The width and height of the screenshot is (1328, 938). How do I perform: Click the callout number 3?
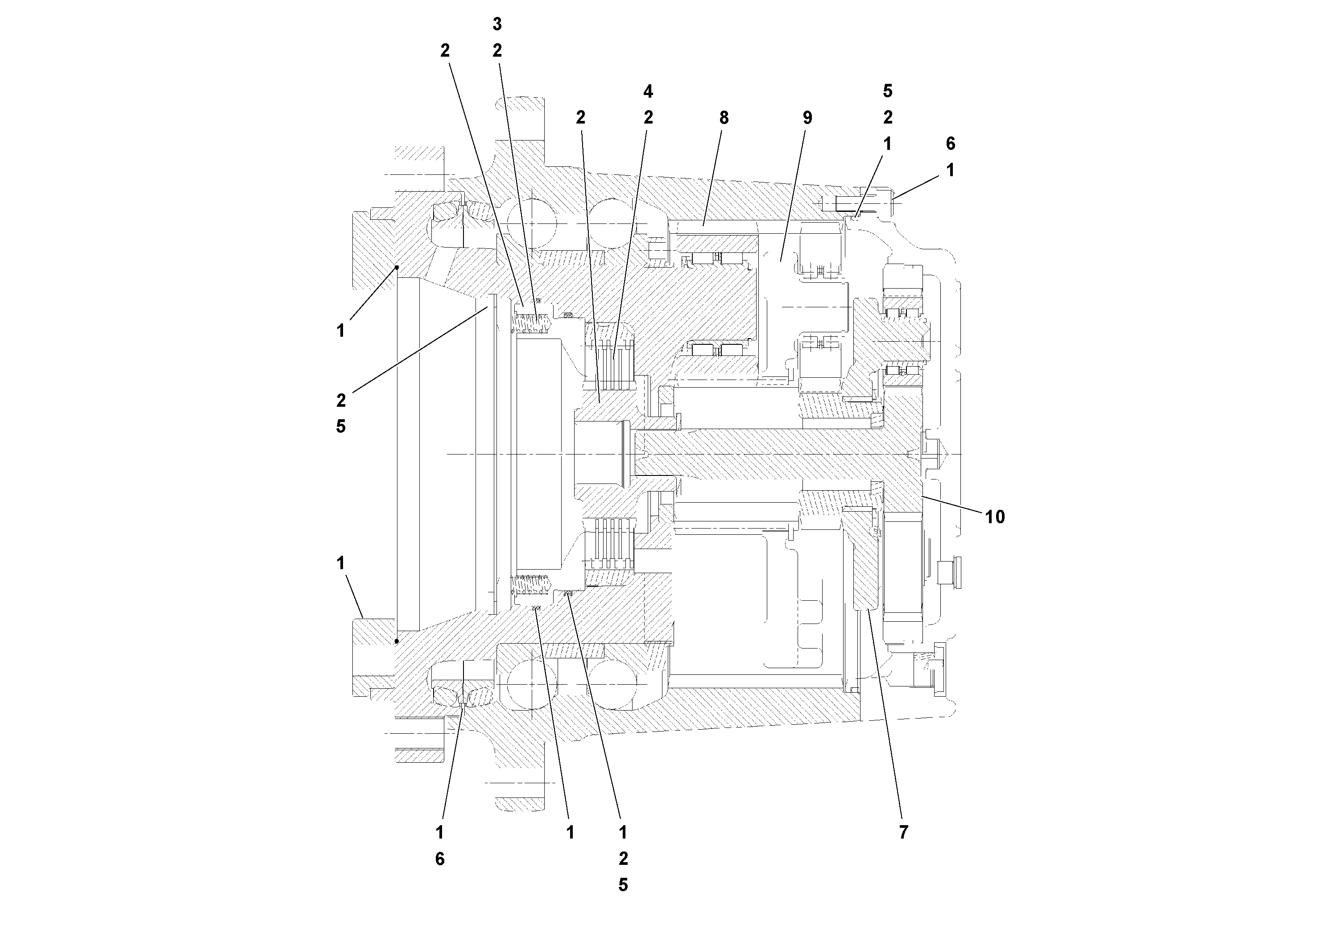pyautogui.click(x=497, y=24)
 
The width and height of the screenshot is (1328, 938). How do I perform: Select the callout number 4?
pyautogui.click(x=648, y=91)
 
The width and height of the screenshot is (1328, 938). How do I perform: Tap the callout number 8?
pyautogui.click(x=724, y=118)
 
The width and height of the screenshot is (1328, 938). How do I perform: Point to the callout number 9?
pyautogui.click(x=807, y=118)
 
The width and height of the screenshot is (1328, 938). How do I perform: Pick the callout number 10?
pyautogui.click(x=995, y=517)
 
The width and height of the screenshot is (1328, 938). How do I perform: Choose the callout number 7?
pyautogui.click(x=903, y=832)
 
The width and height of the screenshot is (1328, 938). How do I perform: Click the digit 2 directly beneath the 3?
pyautogui.click(x=497, y=51)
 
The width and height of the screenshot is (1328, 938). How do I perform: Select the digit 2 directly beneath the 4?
pyautogui.click(x=648, y=117)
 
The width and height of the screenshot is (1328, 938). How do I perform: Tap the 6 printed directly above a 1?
pyautogui.click(x=950, y=144)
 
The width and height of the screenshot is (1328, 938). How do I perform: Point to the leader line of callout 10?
pyautogui.click(x=954, y=504)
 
